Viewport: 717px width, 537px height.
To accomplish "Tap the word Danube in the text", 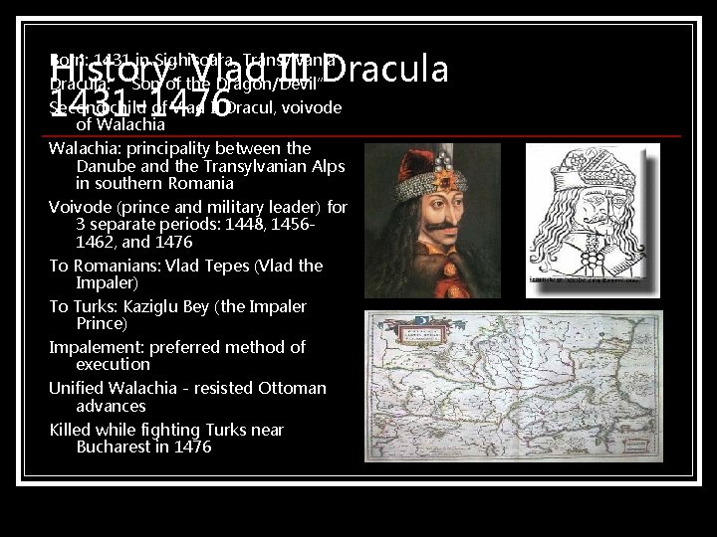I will [x=109, y=166].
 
